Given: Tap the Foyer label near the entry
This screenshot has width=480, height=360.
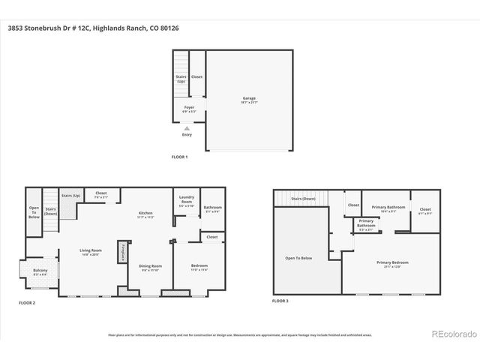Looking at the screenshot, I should [x=190, y=108].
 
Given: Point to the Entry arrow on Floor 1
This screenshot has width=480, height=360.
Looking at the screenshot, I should [x=187, y=128].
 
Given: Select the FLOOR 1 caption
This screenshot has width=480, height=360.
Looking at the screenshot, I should [x=180, y=157].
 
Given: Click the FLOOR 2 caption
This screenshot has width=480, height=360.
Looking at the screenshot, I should [x=28, y=303].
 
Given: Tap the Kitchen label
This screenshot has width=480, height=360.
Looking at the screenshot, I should [x=145, y=214].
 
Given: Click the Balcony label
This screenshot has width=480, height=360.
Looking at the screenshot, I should [x=40, y=270].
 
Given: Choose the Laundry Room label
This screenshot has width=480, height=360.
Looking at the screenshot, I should [x=186, y=201].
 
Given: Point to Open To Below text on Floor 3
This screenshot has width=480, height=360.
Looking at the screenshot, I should [x=298, y=258].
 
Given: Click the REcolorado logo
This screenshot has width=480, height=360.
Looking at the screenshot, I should [x=451, y=333].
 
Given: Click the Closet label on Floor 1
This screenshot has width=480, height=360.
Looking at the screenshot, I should [x=196, y=76].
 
